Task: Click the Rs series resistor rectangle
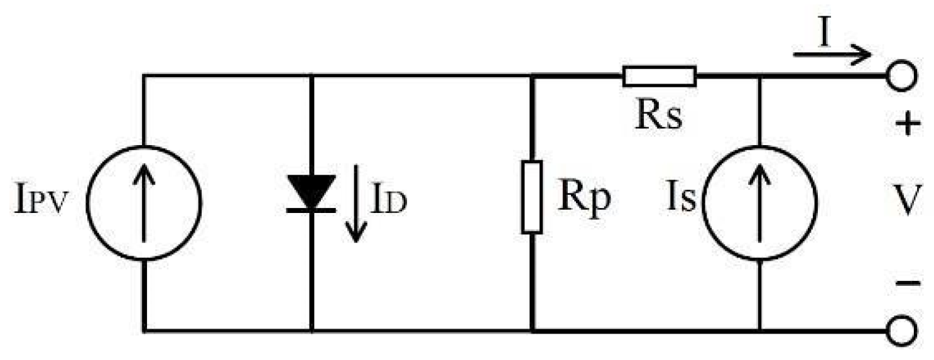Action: (659, 76)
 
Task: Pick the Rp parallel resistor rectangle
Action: (531, 197)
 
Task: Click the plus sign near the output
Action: (906, 125)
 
